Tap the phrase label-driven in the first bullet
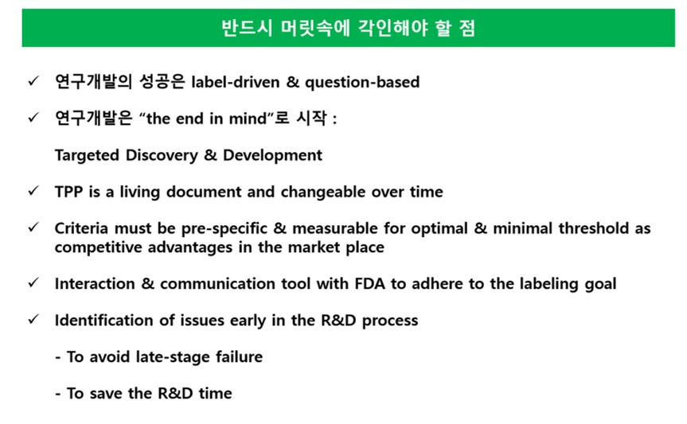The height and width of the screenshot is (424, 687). [x=236, y=82]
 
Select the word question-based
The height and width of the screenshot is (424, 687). [x=362, y=83]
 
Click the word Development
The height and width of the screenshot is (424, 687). [x=272, y=155]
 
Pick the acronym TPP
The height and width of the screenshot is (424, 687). [x=68, y=192]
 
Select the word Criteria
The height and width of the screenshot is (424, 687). [x=81, y=228]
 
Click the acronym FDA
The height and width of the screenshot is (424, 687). [x=370, y=284]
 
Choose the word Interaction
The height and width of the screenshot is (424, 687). [x=95, y=284]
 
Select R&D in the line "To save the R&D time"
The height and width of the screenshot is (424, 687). [x=175, y=393]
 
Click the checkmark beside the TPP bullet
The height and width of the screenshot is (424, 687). [x=33, y=192]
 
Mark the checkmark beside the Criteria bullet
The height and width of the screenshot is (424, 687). [x=33, y=228]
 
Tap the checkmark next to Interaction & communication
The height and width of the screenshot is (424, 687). [x=33, y=283]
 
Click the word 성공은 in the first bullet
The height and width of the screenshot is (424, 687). [x=162, y=82]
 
